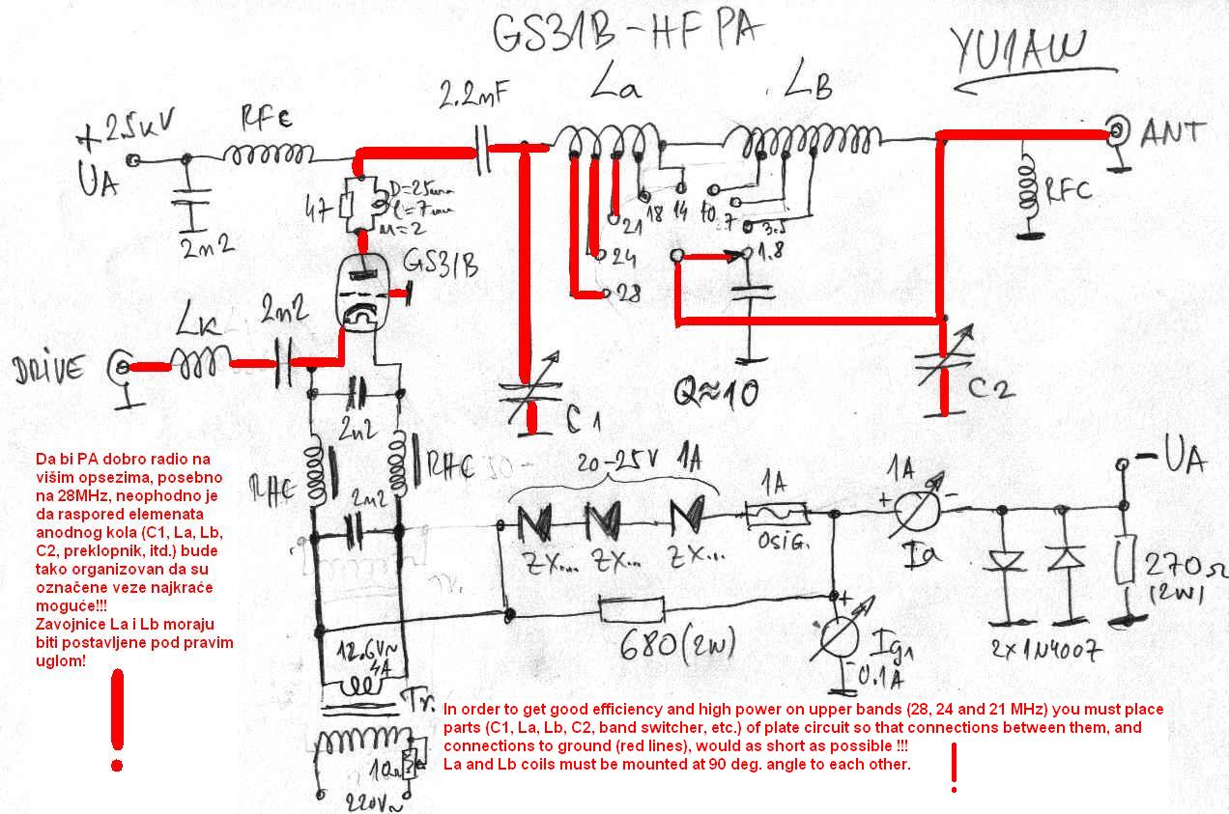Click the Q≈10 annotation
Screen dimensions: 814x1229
click(716, 392)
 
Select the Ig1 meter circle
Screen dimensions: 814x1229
click(835, 636)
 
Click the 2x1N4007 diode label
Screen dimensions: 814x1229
click(1046, 649)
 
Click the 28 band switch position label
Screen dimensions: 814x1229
click(629, 295)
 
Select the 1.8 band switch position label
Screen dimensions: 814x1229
click(768, 255)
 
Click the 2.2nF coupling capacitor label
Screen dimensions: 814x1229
click(473, 97)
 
